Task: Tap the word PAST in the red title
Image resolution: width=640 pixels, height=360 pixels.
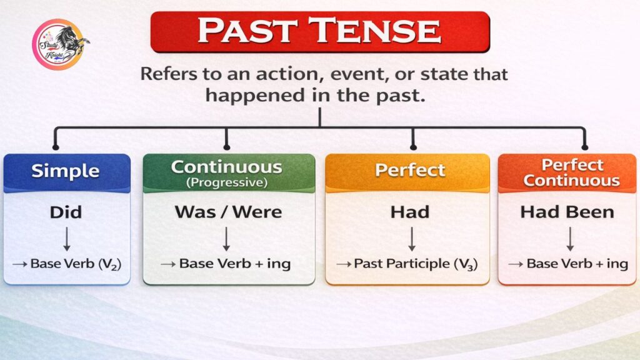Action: [247, 31]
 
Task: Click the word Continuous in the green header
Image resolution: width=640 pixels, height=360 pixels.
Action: [226, 167]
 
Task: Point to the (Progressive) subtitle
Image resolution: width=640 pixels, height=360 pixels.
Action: [227, 182]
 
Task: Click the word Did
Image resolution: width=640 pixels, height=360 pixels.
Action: [66, 212]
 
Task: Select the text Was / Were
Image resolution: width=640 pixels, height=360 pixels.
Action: [228, 212]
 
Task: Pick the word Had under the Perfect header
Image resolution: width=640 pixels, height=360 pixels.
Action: [410, 212]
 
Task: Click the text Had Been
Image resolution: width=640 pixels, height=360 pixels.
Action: [567, 212]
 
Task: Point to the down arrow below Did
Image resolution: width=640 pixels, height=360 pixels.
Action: [67, 239]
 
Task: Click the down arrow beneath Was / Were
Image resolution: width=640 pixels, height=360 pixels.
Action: [226, 239]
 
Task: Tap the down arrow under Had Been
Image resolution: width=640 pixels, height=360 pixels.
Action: [570, 239]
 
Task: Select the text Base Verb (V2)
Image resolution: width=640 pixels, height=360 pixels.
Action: [76, 264]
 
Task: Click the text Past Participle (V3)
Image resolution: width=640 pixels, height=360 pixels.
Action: [416, 264]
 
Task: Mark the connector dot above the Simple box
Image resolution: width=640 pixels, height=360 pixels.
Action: [56, 147]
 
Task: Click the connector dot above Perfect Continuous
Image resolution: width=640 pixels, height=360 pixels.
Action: [585, 147]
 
